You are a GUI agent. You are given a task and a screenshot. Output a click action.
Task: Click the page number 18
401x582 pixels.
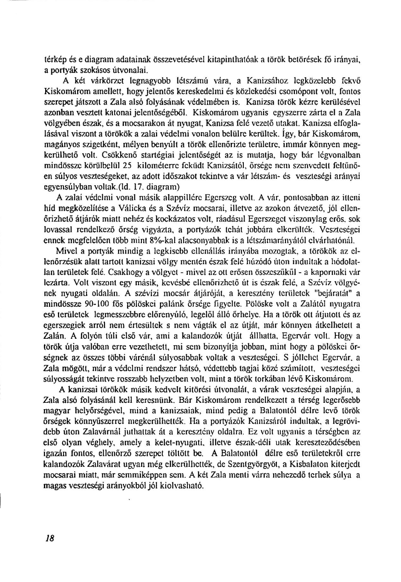click(50, 538)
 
